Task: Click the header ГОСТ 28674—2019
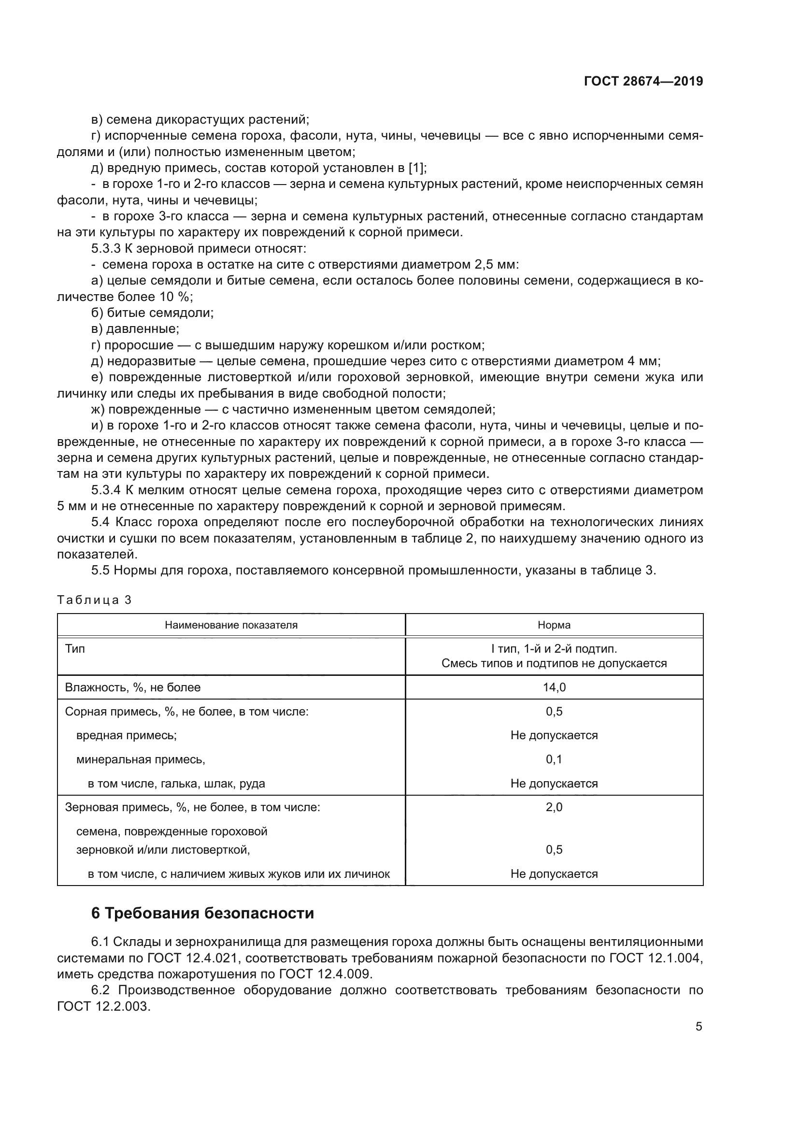tap(643, 81)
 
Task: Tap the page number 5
tap(699, 1027)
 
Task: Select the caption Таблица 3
tap(95, 600)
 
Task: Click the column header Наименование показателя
tap(231, 625)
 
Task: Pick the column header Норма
tap(554, 625)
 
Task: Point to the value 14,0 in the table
tap(554, 687)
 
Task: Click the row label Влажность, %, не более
tap(132, 687)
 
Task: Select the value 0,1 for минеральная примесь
tap(554, 759)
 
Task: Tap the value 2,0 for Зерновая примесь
tap(554, 807)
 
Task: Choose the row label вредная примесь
tap(127, 735)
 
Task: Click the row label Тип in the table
tap(75, 649)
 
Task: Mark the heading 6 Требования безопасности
tap(202, 914)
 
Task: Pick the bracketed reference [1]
tap(416, 168)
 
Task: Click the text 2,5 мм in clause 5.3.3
tap(494, 265)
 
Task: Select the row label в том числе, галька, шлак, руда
tap(176, 784)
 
